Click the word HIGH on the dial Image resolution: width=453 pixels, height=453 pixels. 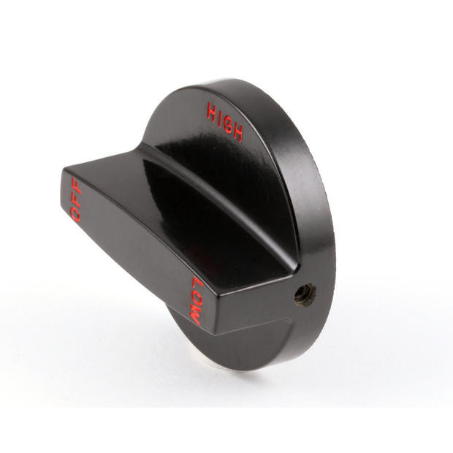[225, 121]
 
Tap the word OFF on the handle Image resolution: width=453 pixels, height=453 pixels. [77, 199]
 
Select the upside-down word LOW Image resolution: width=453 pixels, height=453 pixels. [197, 300]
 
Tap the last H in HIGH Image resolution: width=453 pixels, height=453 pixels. [238, 132]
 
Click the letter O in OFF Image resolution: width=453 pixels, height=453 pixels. [76, 214]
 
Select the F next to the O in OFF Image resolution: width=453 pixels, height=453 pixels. [76, 199]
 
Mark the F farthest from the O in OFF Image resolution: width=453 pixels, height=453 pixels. [77, 183]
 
